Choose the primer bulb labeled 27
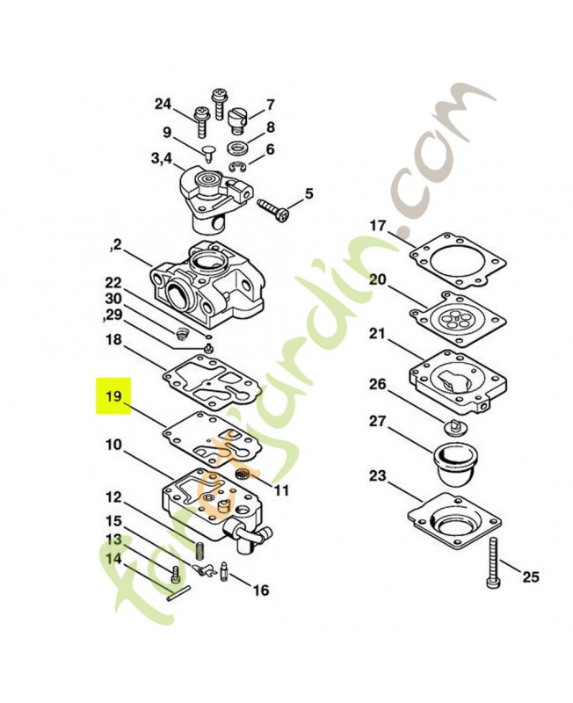click(x=453, y=462)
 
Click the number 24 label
click(x=163, y=105)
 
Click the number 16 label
click(x=261, y=590)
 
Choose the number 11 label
click(x=282, y=490)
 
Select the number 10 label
click(x=114, y=445)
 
